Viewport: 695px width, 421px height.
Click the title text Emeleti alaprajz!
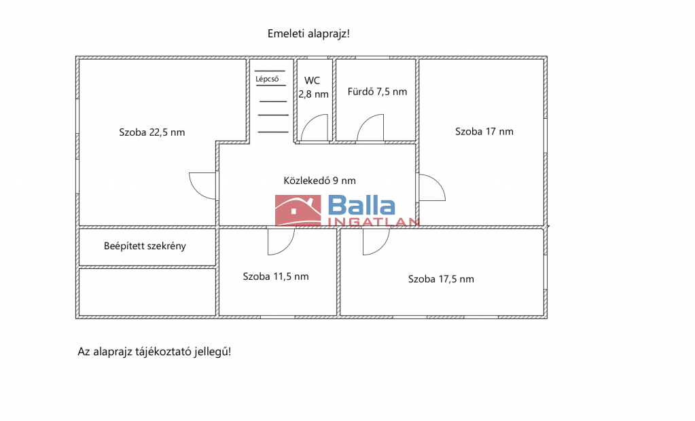click(x=308, y=34)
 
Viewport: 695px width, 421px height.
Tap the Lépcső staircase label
click(x=267, y=79)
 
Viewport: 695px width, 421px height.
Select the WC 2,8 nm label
click(x=313, y=88)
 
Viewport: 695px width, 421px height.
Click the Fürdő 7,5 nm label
click(x=377, y=92)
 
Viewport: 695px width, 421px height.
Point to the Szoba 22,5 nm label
click(x=152, y=132)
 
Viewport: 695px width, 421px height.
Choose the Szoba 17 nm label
click(x=484, y=132)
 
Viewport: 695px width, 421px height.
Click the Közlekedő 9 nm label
click(x=319, y=181)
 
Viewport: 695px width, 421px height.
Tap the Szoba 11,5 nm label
click(x=276, y=276)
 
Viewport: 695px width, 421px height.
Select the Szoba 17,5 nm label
click(x=441, y=279)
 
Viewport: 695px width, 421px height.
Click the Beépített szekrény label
click(x=145, y=246)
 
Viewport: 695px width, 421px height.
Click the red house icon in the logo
click(x=298, y=210)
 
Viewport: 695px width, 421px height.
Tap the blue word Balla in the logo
click(x=361, y=206)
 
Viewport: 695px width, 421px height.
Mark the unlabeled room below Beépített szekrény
click(x=147, y=292)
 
